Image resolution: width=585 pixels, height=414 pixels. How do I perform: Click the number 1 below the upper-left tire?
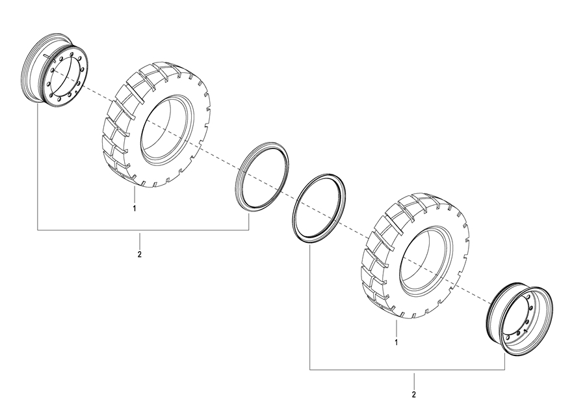[x=135, y=208]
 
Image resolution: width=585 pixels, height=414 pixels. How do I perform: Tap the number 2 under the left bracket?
[x=140, y=255]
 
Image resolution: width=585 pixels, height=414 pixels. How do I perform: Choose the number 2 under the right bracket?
[x=413, y=394]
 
